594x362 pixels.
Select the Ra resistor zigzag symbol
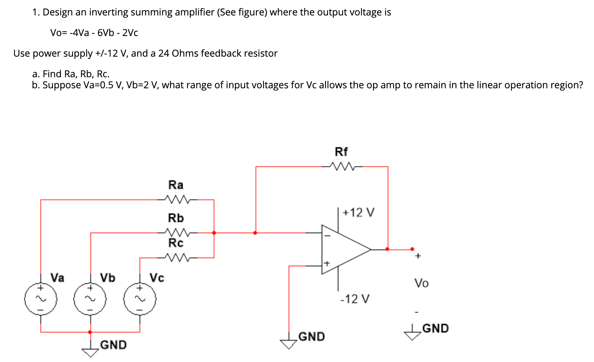tap(177, 200)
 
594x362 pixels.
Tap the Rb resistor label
tap(175, 218)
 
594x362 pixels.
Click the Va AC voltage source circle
tap(41, 299)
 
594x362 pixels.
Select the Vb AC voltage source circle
tap(90, 299)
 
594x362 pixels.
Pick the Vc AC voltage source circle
tap(140, 299)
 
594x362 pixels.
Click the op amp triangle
tap(343, 249)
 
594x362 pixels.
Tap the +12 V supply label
tap(358, 213)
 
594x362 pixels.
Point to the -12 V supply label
tap(355, 299)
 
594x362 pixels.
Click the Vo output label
tap(421, 283)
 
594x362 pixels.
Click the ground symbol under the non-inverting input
tap(289, 344)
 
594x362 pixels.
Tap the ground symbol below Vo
tap(413, 334)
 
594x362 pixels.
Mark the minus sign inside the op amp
tap(327, 236)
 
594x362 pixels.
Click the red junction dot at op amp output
tap(387, 249)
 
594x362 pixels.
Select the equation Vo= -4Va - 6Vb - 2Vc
tap(94, 33)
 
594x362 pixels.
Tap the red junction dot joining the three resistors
tap(214, 233)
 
